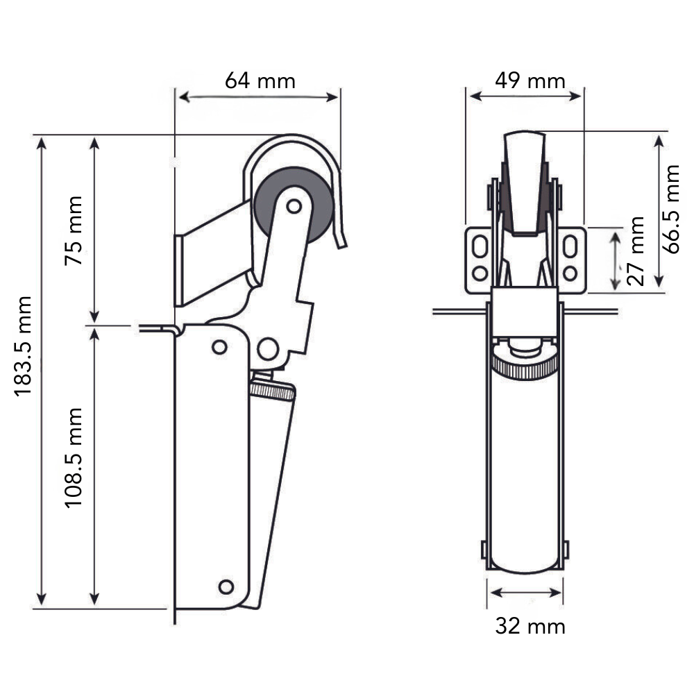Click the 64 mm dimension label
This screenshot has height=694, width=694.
point(260,81)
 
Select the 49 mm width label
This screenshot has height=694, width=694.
point(530,81)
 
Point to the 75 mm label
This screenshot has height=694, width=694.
point(74,230)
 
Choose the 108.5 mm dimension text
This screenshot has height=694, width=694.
point(74,457)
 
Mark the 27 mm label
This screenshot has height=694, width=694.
point(635,251)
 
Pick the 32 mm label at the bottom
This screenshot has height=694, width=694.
point(530,627)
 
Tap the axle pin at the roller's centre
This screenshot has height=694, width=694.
point(294,205)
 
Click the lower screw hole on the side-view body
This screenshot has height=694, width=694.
point(226,586)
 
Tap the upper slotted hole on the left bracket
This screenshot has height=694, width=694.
point(480,246)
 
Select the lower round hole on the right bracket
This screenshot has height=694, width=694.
point(570,273)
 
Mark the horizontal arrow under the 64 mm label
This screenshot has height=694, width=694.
point(258,97)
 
